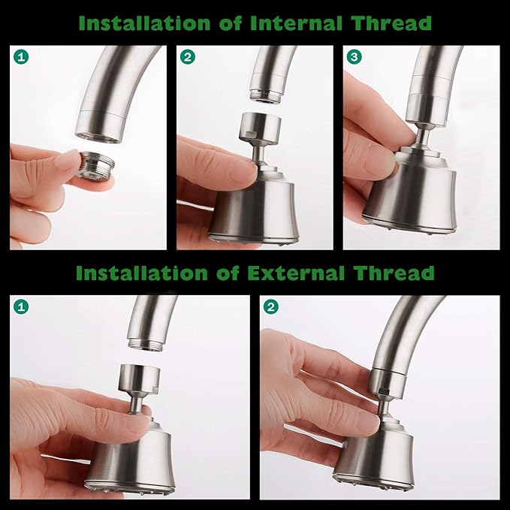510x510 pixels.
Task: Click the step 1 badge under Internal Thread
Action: point(20,56)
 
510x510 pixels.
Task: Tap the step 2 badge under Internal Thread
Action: point(187,56)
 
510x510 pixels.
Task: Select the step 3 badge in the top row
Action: point(354,56)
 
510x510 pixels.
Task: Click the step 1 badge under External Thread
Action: point(20,306)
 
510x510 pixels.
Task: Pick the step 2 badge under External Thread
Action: point(270,306)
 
